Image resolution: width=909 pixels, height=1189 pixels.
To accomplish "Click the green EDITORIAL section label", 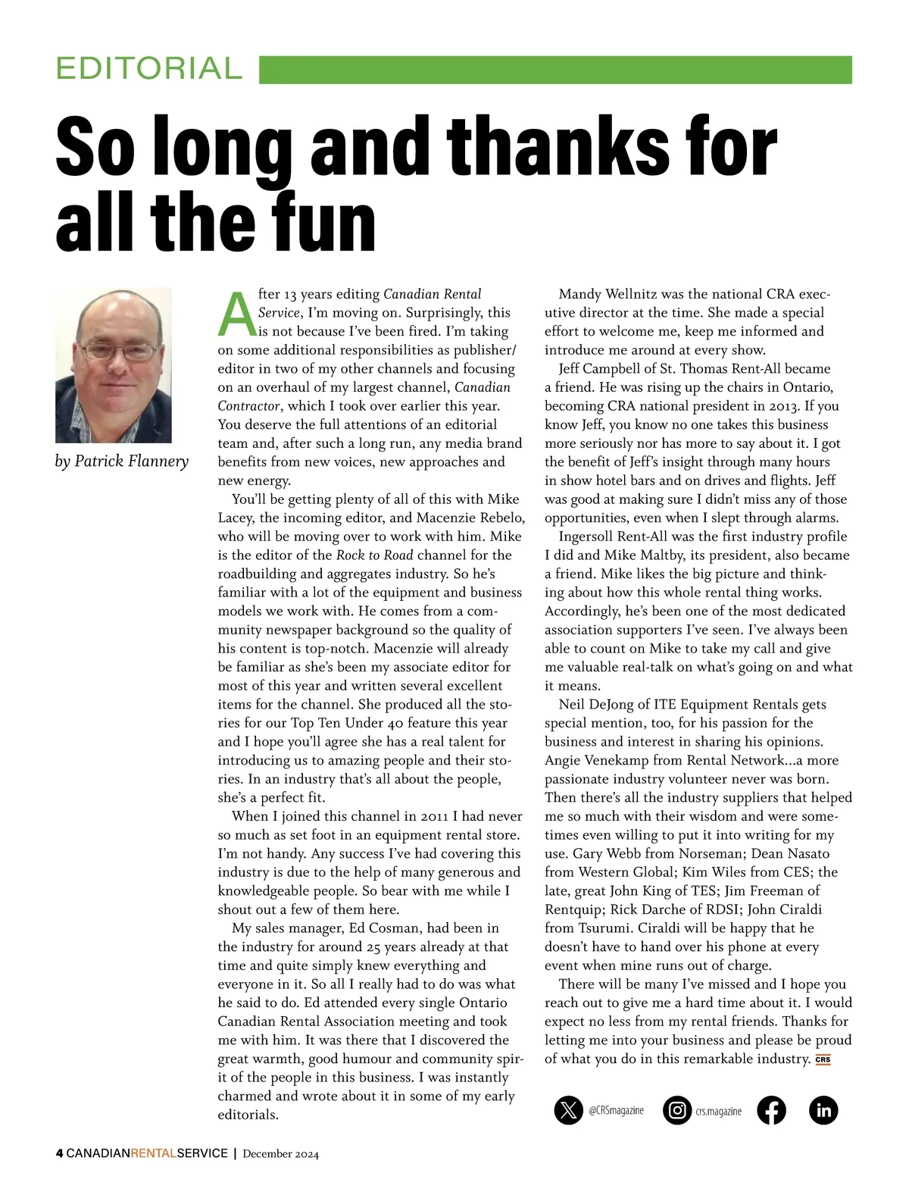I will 148,69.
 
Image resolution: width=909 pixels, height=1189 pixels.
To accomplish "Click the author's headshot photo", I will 114,365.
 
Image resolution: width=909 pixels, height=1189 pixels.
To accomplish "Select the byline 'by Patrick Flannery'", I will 121,462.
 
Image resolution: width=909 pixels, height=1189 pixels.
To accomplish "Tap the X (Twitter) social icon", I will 568,1110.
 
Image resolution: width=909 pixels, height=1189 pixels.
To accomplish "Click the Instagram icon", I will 676,1110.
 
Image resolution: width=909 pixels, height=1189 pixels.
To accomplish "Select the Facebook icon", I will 770,1110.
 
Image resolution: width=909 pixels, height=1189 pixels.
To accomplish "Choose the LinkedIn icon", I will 823,1110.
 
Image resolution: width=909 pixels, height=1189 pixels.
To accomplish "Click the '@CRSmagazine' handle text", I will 616,1110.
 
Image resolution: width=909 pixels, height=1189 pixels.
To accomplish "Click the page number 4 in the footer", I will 59,1153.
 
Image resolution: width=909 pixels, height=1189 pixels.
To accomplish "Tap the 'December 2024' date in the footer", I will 280,1154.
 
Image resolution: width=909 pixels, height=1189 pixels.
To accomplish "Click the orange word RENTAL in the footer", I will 153,1153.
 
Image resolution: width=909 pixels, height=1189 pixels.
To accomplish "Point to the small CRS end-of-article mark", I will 823,1059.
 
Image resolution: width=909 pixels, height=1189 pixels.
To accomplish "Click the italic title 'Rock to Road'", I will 374,555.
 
